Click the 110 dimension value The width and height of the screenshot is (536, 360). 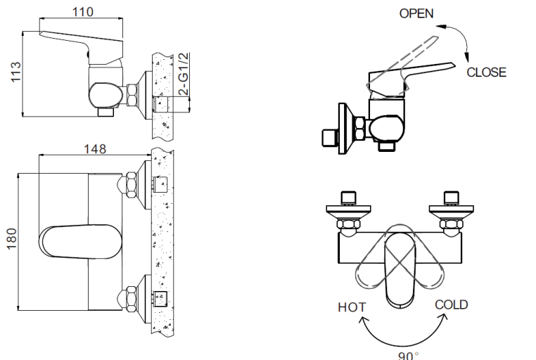tap(83, 12)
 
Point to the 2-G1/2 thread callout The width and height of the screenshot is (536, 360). tap(183, 75)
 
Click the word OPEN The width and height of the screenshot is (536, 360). tap(416, 13)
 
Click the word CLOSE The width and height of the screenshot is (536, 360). tap(486, 72)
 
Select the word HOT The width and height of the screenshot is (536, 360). tap(352, 307)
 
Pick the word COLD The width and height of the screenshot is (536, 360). tap(451, 304)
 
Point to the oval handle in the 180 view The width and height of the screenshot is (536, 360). tap(71, 243)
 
